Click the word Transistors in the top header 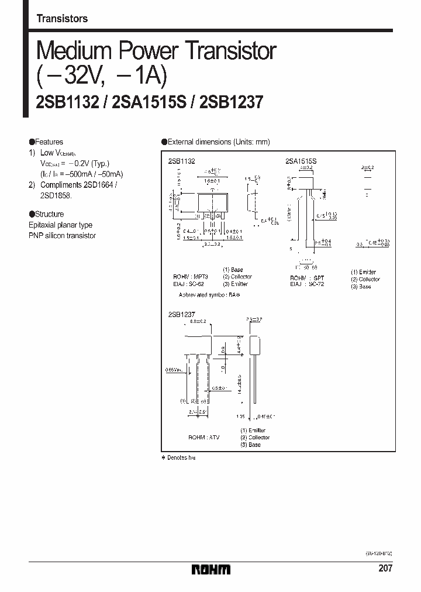click(x=62, y=19)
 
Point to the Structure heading click(x=46, y=214)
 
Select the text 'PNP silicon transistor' click(x=62, y=236)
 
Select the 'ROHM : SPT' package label click(x=307, y=278)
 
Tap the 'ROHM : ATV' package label click(x=203, y=438)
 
